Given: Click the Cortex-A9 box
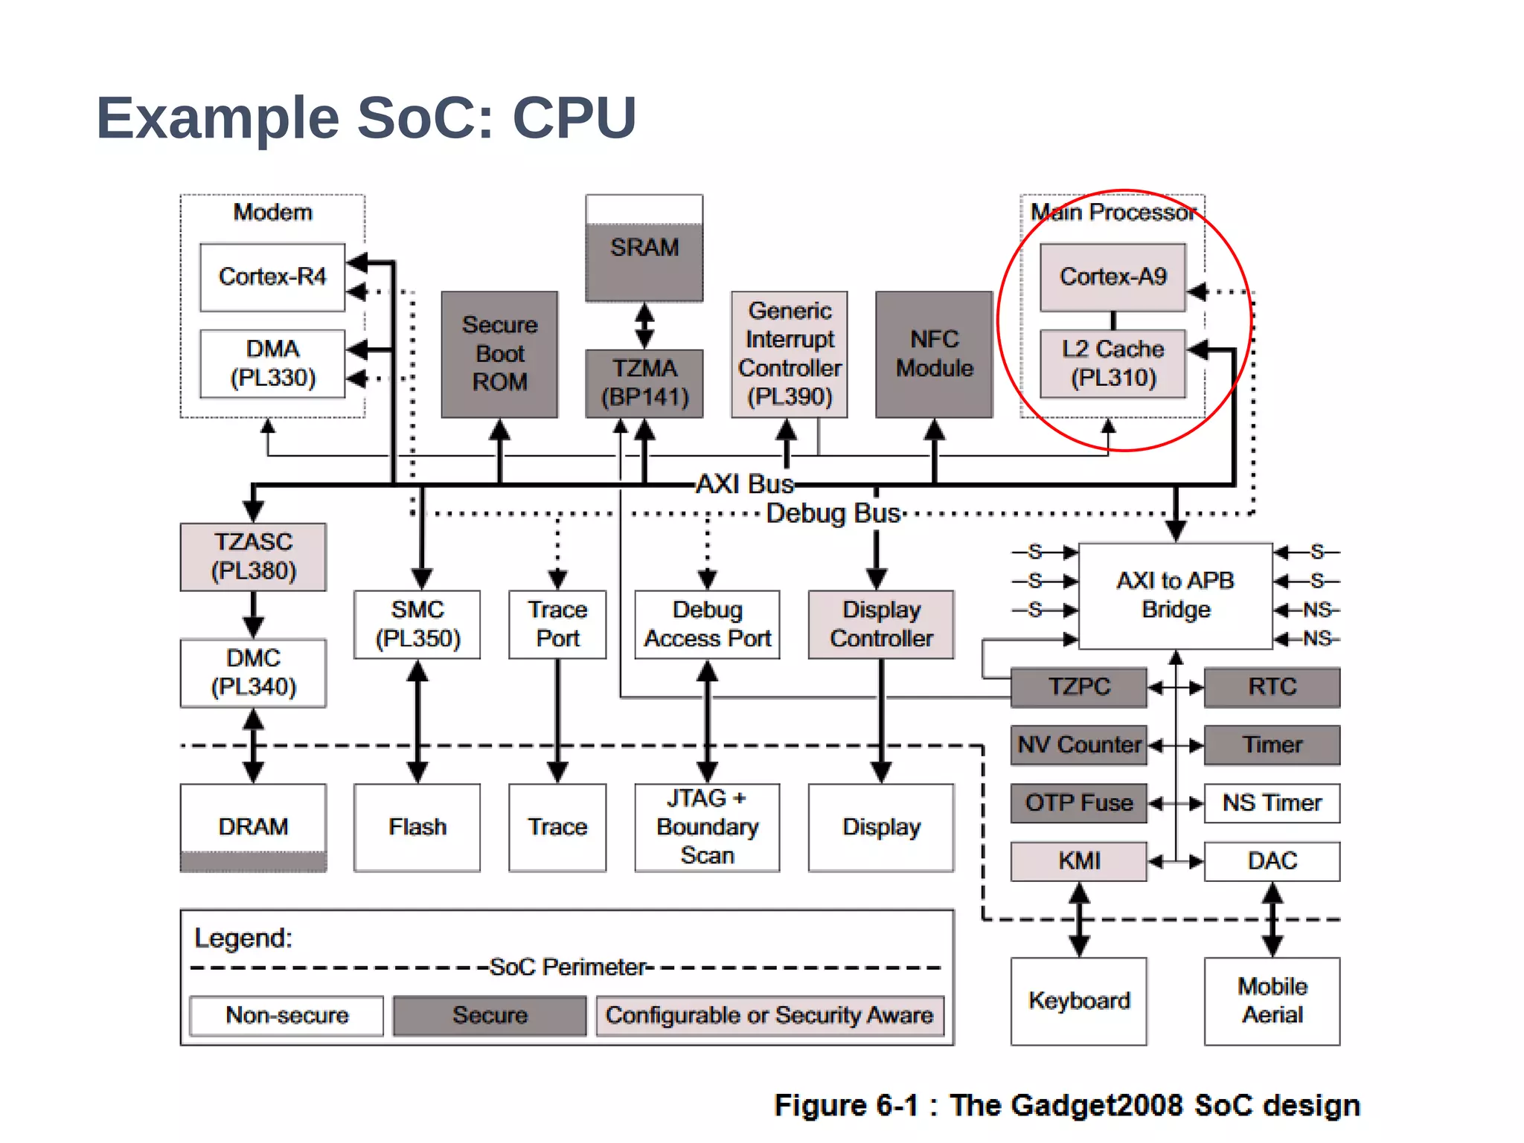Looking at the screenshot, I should [1112, 277].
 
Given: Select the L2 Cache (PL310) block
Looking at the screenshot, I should [1112, 364].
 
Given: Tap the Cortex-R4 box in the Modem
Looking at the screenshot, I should [272, 277].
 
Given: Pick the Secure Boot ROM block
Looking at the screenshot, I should [499, 354].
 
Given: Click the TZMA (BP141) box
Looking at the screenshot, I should [644, 383].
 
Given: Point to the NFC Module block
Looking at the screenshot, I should [934, 354].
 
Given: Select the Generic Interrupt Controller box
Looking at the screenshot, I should [790, 354].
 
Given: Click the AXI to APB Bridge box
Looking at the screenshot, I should [1175, 595].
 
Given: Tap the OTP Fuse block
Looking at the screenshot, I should [1078, 803].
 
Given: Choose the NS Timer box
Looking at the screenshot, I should [1272, 803].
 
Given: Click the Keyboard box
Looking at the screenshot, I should [1078, 1001].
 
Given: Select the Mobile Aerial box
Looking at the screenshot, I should [1272, 1001].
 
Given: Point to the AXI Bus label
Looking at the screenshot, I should [744, 484].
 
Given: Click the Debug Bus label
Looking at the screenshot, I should [833, 514].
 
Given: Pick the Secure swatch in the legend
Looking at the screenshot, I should [490, 1016].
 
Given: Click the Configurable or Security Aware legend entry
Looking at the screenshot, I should [769, 1016].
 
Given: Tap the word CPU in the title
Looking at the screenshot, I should [574, 117].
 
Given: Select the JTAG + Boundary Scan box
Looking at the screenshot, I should [707, 827].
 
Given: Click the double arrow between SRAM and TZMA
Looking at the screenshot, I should [644, 326].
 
